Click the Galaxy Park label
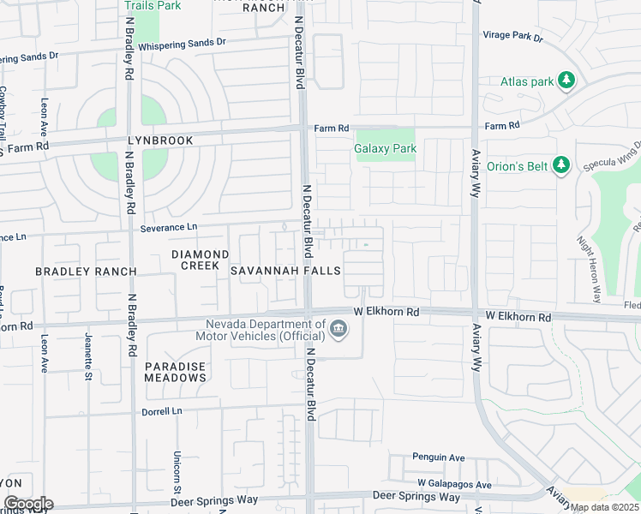tap(385, 148)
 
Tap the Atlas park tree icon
tap(566, 81)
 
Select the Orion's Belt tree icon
tap(561, 164)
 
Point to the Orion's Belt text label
tap(518, 166)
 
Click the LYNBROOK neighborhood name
tap(161, 140)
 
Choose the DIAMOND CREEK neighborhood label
tap(201, 260)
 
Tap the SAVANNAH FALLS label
tap(285, 271)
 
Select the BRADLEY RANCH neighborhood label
tap(86, 271)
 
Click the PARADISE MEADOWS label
tap(175, 372)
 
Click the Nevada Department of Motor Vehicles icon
tap(338, 328)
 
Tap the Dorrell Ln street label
tap(161, 411)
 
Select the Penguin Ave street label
tap(438, 457)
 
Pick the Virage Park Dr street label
tap(513, 38)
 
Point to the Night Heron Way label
tap(588, 269)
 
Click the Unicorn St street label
tap(176, 466)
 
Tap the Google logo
tap(27, 504)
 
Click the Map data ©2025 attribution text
tap(604, 507)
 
